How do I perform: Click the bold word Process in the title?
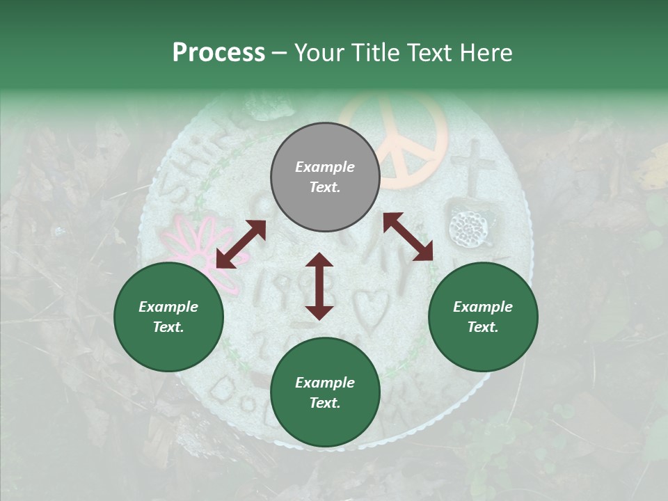pos(218,53)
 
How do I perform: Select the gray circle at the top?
pos(325,177)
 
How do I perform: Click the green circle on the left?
pos(168,317)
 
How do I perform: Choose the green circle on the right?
pos(483,317)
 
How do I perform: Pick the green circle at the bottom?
pos(325,392)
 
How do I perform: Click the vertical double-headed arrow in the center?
pos(319,286)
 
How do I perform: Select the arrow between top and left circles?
pos(241,244)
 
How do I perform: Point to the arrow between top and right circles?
pos(408,237)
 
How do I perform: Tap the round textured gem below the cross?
pos(470,225)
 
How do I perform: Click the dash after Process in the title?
pos(280,53)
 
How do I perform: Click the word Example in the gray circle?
pos(325,167)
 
